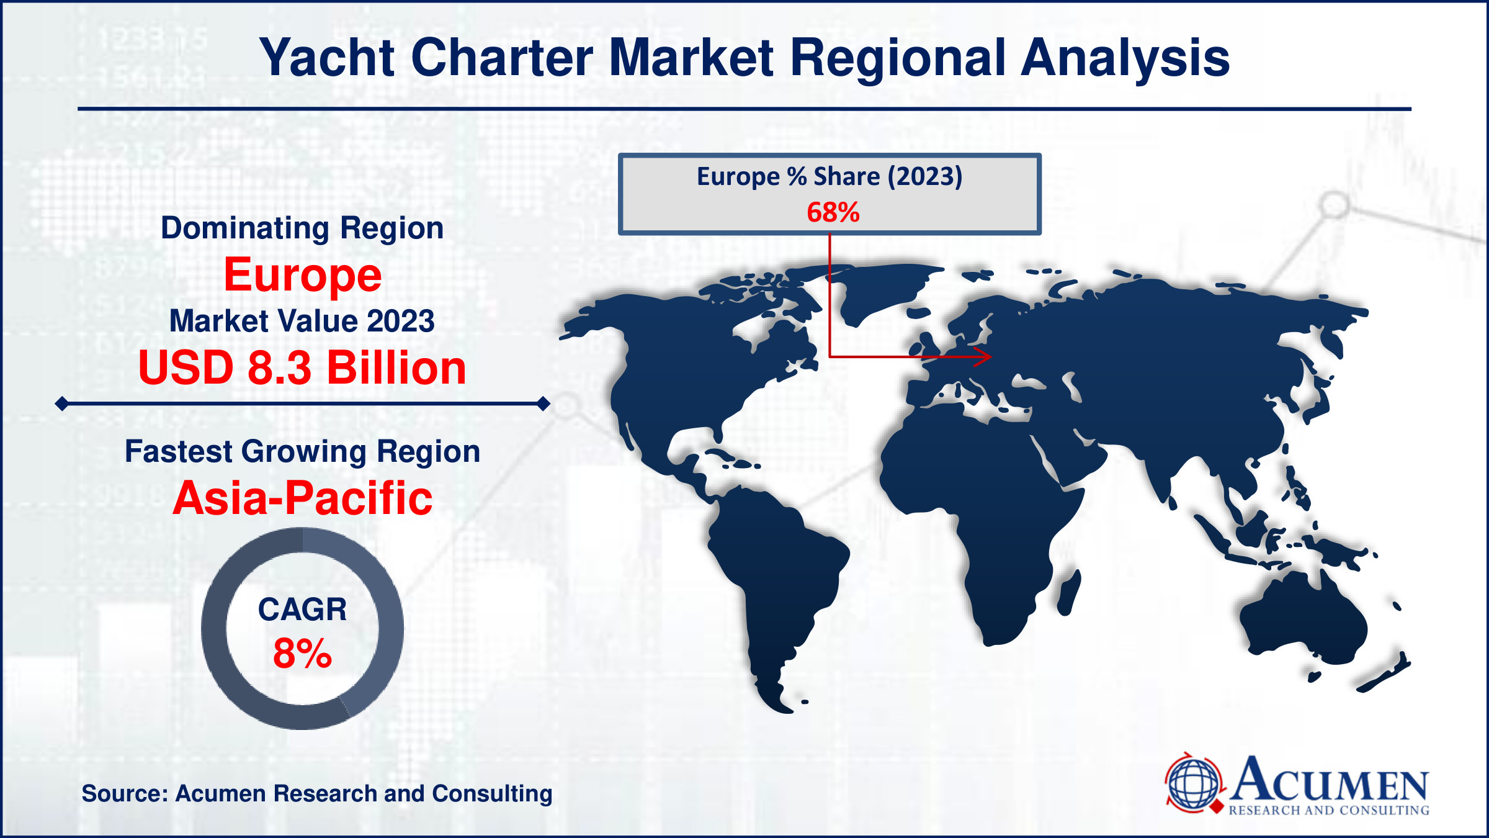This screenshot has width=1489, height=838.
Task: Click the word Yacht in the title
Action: tap(327, 58)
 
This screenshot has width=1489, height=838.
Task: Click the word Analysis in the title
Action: tap(1125, 58)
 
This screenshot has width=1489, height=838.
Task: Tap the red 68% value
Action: tap(833, 212)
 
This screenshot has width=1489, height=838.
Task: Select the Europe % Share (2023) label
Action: tap(829, 176)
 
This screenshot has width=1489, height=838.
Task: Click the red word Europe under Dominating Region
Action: tap(303, 275)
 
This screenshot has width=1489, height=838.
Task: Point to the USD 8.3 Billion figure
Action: tap(302, 367)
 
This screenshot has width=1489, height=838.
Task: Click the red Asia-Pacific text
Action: tap(303, 498)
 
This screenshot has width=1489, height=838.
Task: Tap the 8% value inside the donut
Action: tap(303, 653)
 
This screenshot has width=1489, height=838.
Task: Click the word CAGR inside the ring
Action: tap(303, 610)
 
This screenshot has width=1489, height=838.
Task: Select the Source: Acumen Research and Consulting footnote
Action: tap(317, 793)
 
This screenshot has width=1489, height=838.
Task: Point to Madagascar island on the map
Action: tap(1069, 593)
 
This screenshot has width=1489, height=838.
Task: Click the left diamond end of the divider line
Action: tap(62, 404)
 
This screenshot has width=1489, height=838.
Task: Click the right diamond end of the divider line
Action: tap(543, 404)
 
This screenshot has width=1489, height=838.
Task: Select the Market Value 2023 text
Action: tap(302, 321)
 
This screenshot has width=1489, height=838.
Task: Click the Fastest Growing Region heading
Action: tap(303, 451)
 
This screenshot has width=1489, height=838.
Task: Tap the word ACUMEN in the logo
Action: tap(1329, 779)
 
